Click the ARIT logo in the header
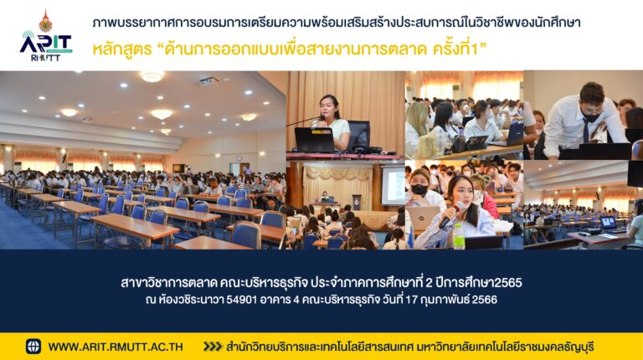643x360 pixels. (x=45, y=46)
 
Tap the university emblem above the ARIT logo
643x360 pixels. (x=45, y=21)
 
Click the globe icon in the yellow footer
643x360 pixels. (x=33, y=347)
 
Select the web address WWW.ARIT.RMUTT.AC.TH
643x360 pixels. (x=116, y=347)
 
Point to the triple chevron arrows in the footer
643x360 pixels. (x=213, y=347)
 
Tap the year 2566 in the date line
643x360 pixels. (x=485, y=300)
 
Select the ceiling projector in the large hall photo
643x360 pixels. (x=208, y=81)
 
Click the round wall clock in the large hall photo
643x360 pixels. (x=239, y=158)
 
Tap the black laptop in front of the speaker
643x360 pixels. (x=315, y=140)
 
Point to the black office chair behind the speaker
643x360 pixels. (x=358, y=135)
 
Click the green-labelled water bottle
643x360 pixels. (x=459, y=236)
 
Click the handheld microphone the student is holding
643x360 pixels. (x=450, y=216)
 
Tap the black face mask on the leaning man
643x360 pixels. (x=591, y=116)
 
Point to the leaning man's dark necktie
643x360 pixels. (x=586, y=131)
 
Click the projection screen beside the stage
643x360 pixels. (x=394, y=186)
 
